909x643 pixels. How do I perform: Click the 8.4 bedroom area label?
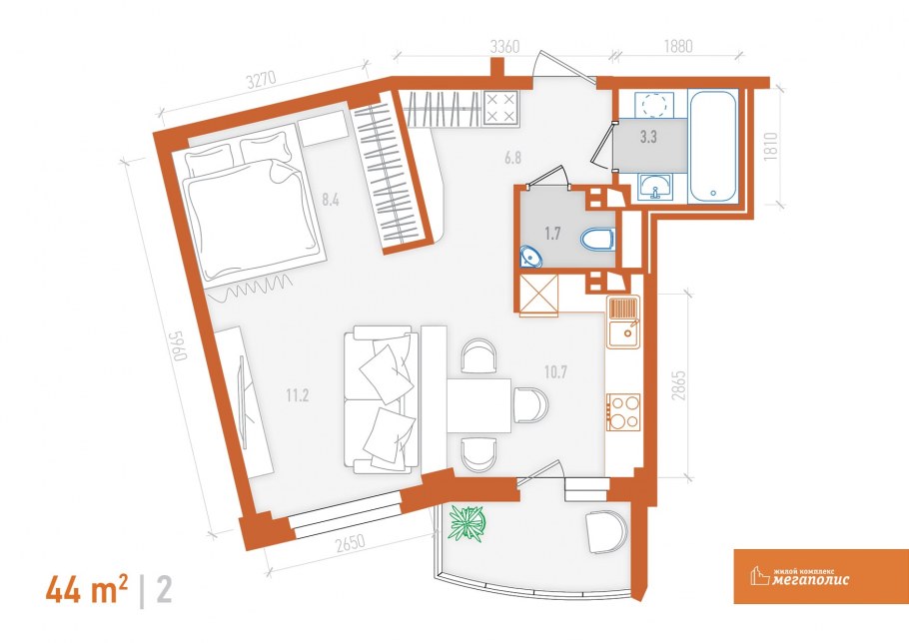(x=331, y=201)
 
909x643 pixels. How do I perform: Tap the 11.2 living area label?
(x=297, y=396)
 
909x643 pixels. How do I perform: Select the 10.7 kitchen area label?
(x=555, y=372)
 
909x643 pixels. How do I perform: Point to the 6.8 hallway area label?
(x=513, y=158)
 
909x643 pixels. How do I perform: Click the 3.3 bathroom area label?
(x=648, y=138)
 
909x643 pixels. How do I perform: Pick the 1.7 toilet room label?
(x=552, y=234)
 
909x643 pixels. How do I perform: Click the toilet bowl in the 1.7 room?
(x=596, y=239)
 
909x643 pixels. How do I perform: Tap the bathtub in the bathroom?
(x=712, y=146)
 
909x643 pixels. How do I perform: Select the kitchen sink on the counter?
(x=623, y=321)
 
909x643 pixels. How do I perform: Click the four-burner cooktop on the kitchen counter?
(x=623, y=412)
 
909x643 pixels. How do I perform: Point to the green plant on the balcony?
(x=466, y=523)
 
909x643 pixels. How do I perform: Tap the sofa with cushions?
(x=381, y=400)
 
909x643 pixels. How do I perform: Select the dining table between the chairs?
(x=478, y=405)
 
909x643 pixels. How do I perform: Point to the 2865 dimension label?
(x=678, y=385)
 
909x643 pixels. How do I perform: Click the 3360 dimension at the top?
(x=504, y=47)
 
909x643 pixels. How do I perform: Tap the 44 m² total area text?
(x=87, y=591)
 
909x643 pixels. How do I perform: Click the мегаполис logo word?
(x=811, y=580)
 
